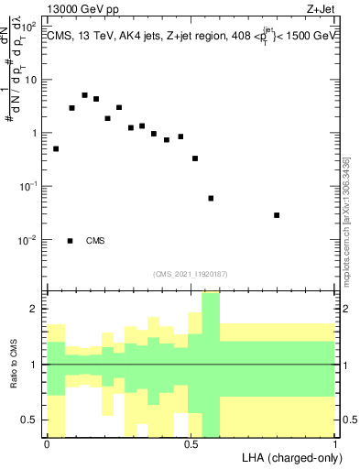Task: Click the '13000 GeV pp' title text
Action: click(x=83, y=10)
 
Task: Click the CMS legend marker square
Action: click(x=71, y=241)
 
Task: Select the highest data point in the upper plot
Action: click(x=84, y=95)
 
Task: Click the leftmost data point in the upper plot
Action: click(x=56, y=148)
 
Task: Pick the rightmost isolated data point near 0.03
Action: click(x=277, y=215)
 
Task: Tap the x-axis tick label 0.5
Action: click(x=191, y=444)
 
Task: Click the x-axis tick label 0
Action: click(x=47, y=444)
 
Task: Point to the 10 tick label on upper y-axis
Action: click(x=30, y=80)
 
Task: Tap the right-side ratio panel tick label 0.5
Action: click(x=348, y=420)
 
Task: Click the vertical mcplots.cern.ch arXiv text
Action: click(x=345, y=220)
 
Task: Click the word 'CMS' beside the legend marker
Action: click(x=95, y=241)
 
